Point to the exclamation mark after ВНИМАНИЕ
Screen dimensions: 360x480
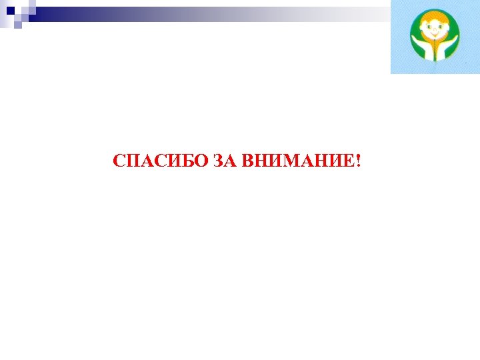click(x=358, y=161)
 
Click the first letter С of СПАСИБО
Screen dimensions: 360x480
click(x=119, y=161)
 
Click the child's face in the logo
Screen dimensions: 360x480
click(x=434, y=31)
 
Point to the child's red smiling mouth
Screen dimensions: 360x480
click(x=434, y=39)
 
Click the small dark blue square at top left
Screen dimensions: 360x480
click(x=10, y=10)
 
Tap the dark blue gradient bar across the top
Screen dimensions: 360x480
click(x=133, y=11)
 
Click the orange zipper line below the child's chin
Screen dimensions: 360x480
click(x=434, y=52)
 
